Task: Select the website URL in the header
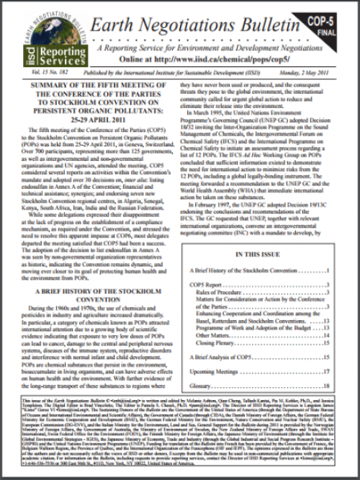coord(198,58)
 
